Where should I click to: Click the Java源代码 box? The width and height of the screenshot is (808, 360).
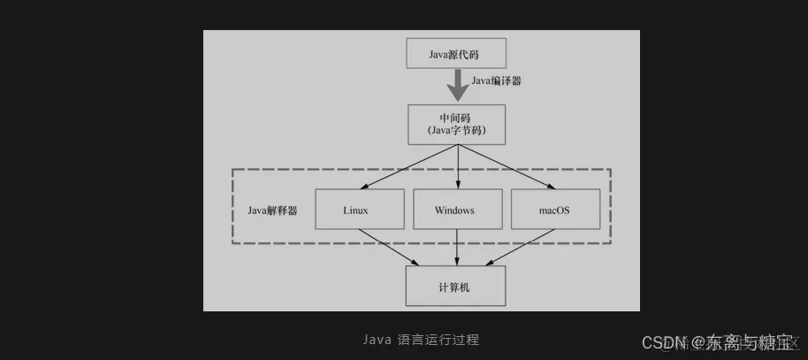(455, 54)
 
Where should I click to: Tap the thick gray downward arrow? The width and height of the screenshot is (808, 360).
(457, 86)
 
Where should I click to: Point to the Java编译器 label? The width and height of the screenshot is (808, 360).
(496, 80)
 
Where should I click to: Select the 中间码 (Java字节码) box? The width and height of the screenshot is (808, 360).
(456, 125)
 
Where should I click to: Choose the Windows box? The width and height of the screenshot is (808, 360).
(455, 211)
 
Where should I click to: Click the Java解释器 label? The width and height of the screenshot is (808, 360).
(271, 211)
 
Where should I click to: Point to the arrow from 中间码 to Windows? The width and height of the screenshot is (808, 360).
(458, 167)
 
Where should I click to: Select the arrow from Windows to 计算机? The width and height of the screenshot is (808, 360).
(456, 248)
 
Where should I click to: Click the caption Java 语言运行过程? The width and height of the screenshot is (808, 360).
(421, 339)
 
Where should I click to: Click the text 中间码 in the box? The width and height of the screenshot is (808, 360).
(456, 118)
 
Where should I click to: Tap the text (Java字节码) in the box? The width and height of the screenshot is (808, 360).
(456, 132)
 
